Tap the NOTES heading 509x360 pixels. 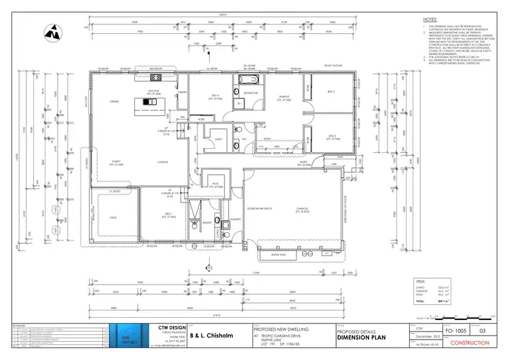(x=430, y=21)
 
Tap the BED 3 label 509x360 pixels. (x=331, y=92)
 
